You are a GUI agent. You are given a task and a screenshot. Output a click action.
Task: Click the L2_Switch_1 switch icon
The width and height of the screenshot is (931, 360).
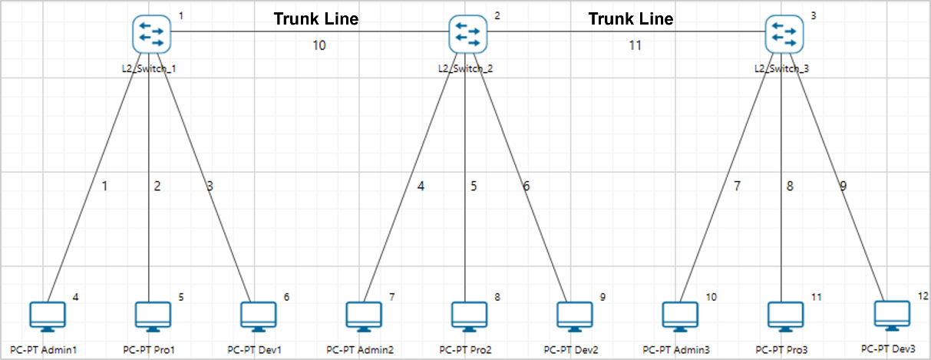point(151,34)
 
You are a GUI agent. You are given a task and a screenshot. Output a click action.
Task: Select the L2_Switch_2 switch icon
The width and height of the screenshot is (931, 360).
point(468,34)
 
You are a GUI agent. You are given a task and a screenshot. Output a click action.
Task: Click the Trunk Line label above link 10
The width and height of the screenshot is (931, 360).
point(315,18)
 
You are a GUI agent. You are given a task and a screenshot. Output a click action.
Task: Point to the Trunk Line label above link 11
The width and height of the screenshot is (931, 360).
point(631,18)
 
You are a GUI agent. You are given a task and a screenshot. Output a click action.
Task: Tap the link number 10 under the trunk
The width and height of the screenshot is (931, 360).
point(319,45)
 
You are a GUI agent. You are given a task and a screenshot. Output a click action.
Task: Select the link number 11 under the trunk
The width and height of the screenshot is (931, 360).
point(635,45)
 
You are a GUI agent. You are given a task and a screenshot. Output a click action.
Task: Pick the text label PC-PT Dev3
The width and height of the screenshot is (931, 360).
point(889,348)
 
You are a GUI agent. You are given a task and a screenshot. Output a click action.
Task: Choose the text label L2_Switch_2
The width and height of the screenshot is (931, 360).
point(466,68)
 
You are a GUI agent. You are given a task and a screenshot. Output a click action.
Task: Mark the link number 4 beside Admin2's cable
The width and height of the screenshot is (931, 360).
point(421,185)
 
